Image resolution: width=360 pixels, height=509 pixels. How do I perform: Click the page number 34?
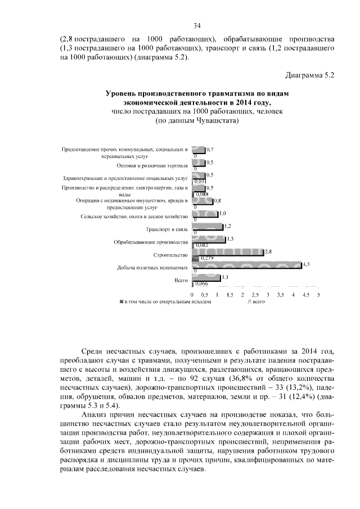tap(197, 25)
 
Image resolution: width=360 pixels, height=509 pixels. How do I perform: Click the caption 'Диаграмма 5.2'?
tap(310, 74)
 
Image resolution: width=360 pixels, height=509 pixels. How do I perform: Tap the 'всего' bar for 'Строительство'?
tap(228, 252)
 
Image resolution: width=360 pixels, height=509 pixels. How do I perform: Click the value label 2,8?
tap(268, 251)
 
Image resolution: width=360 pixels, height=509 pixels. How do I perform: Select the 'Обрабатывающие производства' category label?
tap(151, 242)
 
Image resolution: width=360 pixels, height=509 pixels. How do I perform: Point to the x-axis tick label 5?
tap(319, 294)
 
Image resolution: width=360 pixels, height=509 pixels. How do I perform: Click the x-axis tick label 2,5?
tap(255, 294)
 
